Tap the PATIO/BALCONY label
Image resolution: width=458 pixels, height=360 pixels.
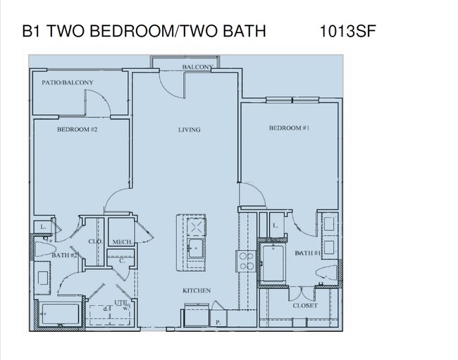pos(68,82)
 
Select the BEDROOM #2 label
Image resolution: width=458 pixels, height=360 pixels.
pos(77,130)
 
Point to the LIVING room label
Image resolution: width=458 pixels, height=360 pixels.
pos(189,130)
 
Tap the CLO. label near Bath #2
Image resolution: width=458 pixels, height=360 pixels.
pos(95,242)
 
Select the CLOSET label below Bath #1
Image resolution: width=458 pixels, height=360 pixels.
pos(305,306)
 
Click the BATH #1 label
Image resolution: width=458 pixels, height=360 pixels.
pos(308,252)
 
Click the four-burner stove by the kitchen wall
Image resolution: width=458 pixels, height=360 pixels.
pos(247,261)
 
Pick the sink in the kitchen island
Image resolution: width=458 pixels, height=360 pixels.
pos(196,247)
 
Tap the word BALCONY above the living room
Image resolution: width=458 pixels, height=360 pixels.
pos(197,67)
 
